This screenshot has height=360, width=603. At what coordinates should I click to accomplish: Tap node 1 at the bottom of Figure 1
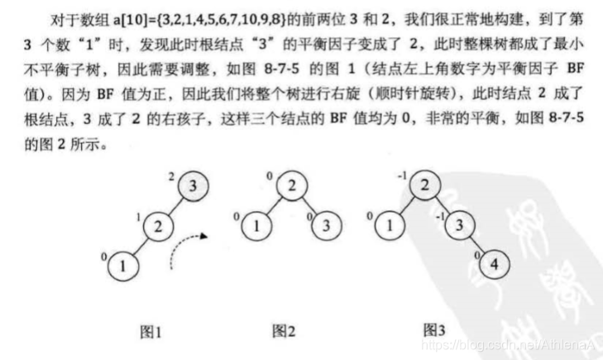coord(122,266)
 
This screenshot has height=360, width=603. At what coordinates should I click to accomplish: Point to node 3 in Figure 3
coord(457,224)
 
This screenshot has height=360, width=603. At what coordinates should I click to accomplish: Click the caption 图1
coord(149,332)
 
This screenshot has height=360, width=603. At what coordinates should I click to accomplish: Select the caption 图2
coord(285,332)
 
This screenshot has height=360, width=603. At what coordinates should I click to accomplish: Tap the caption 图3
coord(434,330)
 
